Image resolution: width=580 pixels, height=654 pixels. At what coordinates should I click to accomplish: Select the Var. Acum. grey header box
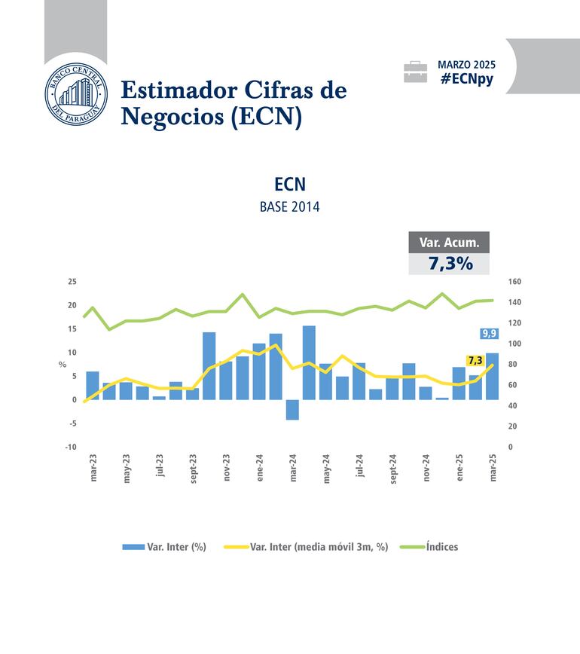pyautogui.click(x=449, y=242)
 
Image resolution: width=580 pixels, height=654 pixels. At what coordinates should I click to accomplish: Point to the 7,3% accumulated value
pyautogui.click(x=450, y=264)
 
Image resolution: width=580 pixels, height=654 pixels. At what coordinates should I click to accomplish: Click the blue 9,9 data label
pyautogui.click(x=489, y=334)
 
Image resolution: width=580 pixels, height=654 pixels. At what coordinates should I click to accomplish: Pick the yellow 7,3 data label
pyautogui.click(x=475, y=360)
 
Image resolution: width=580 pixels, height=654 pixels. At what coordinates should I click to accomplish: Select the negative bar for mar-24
pyautogui.click(x=292, y=409)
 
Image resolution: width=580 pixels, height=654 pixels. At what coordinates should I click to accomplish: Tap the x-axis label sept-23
pyautogui.click(x=194, y=468)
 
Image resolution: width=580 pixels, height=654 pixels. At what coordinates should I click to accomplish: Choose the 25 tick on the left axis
pyautogui.click(x=72, y=282)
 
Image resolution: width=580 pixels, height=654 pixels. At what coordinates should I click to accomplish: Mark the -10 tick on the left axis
pyautogui.click(x=72, y=447)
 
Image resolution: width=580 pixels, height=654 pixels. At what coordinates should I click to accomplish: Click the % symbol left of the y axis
pyautogui.click(x=63, y=365)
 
